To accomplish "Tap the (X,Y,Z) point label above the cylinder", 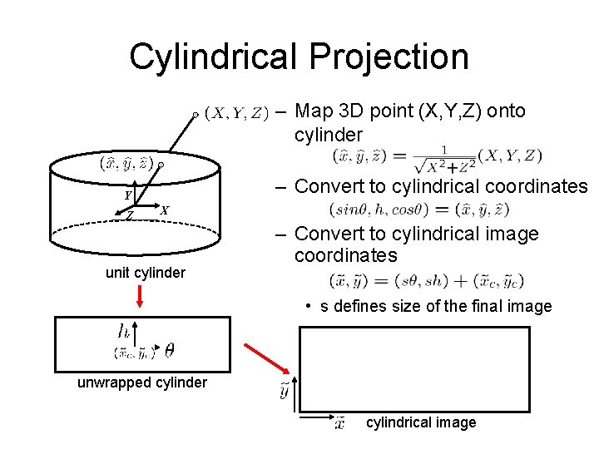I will tap(236, 113).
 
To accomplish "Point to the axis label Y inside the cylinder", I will tap(128, 195).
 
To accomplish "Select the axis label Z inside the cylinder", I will tap(131, 215).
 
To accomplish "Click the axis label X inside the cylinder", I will tap(164, 210).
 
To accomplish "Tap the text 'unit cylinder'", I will tap(145, 273).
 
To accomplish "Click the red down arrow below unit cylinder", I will tap(142, 296).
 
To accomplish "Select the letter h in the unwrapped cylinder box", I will tap(123, 331).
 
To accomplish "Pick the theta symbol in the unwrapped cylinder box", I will tap(170, 351).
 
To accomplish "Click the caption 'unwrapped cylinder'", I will tap(141, 382).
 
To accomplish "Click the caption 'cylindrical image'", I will tap(421, 422).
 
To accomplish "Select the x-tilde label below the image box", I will tap(339, 423).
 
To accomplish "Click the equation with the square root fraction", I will tap(437, 155).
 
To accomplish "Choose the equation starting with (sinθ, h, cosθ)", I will tap(419, 209).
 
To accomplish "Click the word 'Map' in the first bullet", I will tap(314, 111).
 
